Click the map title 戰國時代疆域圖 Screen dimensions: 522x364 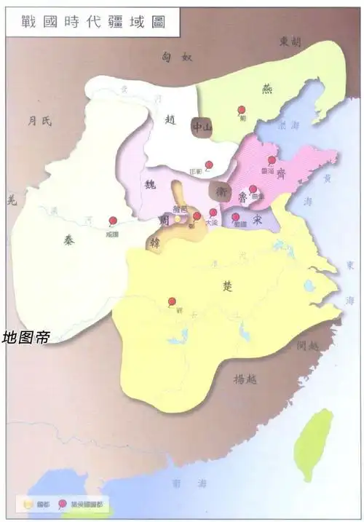93,21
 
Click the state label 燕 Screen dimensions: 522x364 266,88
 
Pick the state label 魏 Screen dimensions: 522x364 151,183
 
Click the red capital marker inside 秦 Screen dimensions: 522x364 112,221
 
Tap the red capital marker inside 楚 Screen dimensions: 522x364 173,301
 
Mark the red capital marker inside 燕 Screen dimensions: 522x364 242,109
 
